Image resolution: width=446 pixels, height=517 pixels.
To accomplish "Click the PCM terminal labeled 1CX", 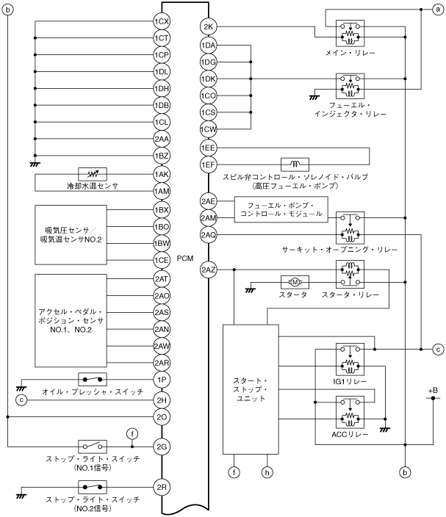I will (x=162, y=21).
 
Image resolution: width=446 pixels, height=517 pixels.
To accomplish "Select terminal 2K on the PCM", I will (x=208, y=28).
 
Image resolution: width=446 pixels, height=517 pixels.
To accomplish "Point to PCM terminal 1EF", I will (x=208, y=164).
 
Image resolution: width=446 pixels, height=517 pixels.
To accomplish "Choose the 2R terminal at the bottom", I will (x=162, y=487).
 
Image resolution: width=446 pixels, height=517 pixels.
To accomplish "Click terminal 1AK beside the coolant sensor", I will (x=162, y=174).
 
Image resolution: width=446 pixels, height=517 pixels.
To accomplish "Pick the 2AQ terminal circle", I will (x=208, y=234).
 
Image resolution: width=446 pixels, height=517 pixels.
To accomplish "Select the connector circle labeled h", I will (x=268, y=471).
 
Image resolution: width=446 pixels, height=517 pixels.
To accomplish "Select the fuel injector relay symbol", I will (x=350, y=86).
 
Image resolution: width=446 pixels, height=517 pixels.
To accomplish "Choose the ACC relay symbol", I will (x=350, y=411).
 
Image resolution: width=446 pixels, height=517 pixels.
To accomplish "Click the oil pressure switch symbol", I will (x=93, y=380).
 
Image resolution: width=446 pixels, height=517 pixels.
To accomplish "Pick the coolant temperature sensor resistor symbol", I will (x=93, y=174).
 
